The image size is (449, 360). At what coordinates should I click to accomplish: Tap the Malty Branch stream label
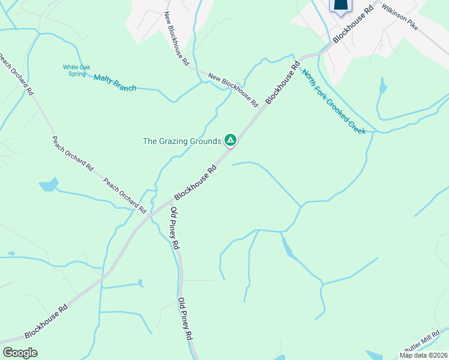click(115, 83)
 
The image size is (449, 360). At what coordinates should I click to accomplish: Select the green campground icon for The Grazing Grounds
click(230, 141)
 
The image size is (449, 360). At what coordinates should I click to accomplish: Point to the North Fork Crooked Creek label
click(334, 102)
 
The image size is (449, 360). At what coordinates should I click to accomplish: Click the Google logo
click(20, 352)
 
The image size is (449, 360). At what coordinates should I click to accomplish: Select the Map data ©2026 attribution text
click(423, 355)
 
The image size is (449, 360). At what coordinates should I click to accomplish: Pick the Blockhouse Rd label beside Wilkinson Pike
click(354, 24)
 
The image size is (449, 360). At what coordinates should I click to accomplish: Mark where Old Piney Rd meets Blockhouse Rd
click(169, 204)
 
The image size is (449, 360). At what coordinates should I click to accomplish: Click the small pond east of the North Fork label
click(382, 88)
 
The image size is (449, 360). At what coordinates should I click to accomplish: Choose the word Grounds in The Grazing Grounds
click(206, 142)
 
